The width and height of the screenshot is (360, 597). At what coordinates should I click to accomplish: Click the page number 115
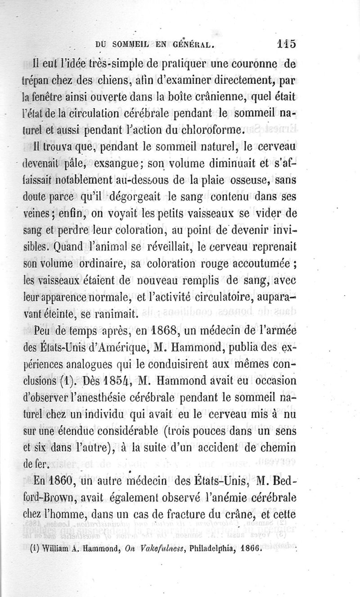(286, 44)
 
